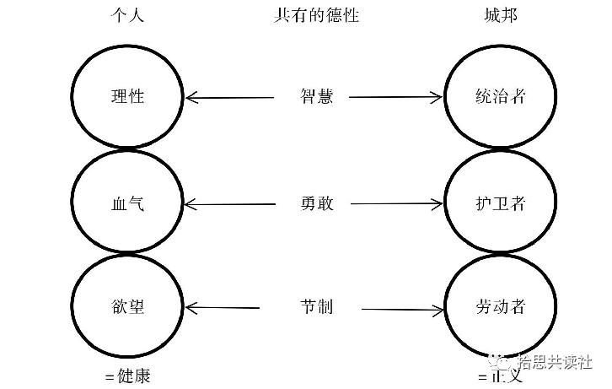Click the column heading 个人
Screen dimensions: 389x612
click(127, 15)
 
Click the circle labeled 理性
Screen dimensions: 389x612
click(127, 96)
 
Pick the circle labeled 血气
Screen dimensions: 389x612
click(127, 203)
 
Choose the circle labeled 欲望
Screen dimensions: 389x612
click(127, 306)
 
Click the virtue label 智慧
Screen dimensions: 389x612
click(316, 96)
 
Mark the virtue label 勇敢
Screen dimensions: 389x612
click(316, 203)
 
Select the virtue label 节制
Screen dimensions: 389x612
click(316, 306)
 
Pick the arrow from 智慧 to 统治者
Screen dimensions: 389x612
click(396, 97)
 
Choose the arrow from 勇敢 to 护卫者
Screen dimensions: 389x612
click(396, 204)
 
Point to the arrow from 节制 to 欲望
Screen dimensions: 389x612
click(223, 307)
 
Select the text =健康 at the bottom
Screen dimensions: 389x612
click(127, 376)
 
